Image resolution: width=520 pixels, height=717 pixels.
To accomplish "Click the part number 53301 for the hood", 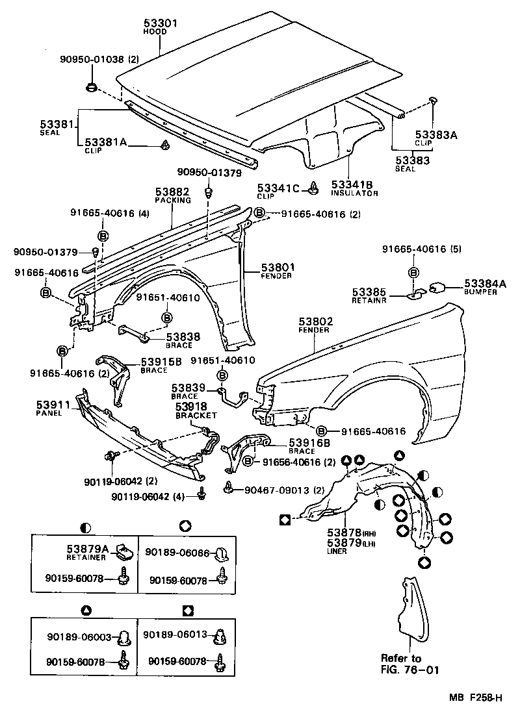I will point(161,24).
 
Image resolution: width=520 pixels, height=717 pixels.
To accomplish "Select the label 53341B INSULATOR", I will point(354,189).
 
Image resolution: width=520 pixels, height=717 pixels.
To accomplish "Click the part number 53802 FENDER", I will point(315,325).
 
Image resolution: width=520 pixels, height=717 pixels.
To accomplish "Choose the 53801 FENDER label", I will point(278,270).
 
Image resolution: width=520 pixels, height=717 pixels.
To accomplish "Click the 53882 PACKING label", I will point(172,195).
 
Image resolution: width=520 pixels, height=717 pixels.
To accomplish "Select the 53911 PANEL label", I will point(48,407).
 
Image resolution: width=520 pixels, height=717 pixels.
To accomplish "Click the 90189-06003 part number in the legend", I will point(79,637).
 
